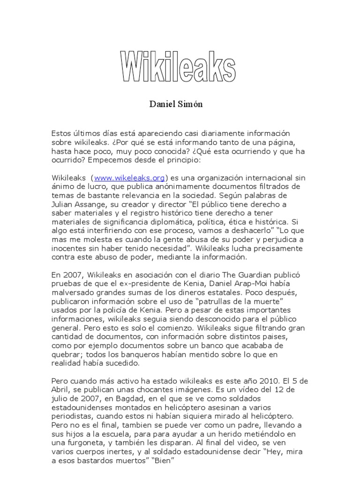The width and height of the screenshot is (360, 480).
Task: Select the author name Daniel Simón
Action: point(176,104)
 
